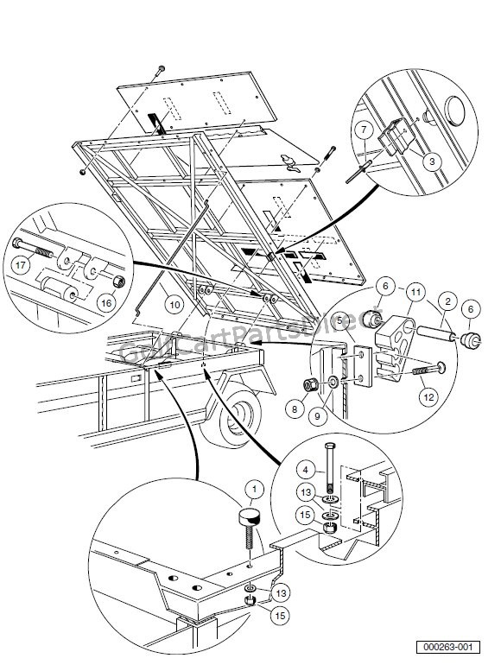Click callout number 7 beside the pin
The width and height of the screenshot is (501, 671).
[365, 130]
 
